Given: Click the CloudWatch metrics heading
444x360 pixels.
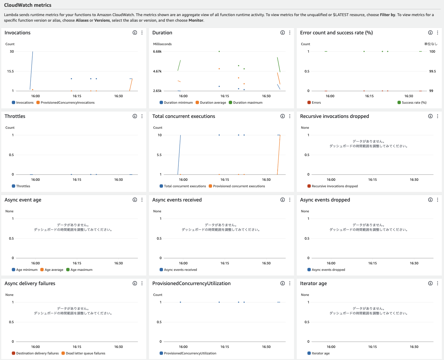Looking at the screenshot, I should [28, 5].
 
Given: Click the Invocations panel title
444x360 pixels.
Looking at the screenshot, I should [17, 33].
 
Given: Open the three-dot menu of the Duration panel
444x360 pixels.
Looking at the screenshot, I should [290, 33].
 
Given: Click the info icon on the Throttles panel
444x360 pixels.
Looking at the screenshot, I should [135, 116].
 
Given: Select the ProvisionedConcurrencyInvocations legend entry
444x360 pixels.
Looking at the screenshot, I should [68, 103].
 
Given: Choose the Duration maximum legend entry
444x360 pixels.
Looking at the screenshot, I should [248, 103].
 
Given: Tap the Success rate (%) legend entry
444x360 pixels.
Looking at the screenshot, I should [414, 103].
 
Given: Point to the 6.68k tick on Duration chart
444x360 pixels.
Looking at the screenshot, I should [157, 52].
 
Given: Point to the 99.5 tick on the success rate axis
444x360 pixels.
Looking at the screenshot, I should [433, 72].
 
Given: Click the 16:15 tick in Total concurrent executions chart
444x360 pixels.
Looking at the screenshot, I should [225, 180].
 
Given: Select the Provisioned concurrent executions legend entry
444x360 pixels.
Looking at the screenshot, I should [239, 186].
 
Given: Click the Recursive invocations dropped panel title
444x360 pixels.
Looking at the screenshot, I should [334, 116].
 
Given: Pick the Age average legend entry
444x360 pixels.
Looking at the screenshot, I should [54, 270].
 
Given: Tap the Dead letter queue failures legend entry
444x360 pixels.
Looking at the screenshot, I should [86, 353].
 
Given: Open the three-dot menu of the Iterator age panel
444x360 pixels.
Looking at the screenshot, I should [437, 284].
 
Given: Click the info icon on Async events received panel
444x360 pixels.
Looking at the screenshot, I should [283, 200].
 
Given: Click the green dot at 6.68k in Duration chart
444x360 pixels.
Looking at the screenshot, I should [219, 51].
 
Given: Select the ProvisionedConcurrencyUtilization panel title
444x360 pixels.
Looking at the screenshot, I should [191, 284].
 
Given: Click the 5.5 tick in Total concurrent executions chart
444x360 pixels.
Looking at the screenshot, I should [159, 155].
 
